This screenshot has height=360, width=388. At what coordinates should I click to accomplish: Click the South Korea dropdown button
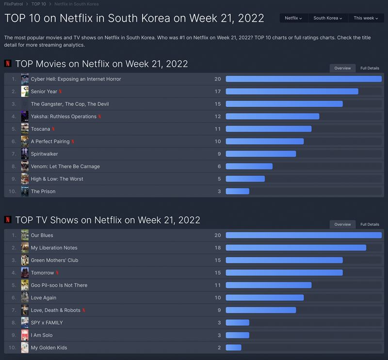pos(327,18)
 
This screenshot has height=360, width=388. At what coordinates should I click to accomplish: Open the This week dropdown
pos(366,18)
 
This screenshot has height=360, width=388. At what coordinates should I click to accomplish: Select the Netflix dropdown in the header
pos(293,18)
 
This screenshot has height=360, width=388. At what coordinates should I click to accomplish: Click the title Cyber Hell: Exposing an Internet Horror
pos(76,79)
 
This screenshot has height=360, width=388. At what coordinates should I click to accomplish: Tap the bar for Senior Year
pos(292,92)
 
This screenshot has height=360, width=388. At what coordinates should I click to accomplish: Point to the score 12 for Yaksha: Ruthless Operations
pos(218,116)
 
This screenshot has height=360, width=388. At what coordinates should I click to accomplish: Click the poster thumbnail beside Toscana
pos(25,129)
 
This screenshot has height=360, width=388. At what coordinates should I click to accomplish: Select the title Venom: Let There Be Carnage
pos(65,166)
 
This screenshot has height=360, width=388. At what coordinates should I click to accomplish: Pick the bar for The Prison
pos(237,192)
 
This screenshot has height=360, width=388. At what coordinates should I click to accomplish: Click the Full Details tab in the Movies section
pos(370,68)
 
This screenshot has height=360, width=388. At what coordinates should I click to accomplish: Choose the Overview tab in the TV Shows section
pos(342,225)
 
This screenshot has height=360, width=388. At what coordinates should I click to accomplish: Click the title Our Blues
pos(42,235)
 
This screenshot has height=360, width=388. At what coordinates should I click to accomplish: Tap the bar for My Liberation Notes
pos(296,248)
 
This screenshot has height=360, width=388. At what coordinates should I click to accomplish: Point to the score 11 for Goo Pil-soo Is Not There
pos(218,285)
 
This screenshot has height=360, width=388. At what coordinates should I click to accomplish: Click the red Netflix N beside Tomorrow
pos(58,273)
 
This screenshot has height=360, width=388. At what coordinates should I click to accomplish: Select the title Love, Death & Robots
pos(55,310)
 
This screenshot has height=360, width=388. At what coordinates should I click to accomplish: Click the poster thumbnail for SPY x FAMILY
pos(25,323)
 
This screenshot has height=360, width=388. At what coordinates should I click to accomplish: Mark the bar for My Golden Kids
pos(233,348)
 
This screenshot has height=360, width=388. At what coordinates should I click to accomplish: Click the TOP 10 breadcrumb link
pos(39,4)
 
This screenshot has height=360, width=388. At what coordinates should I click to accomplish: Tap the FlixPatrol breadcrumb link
pos(14,4)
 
